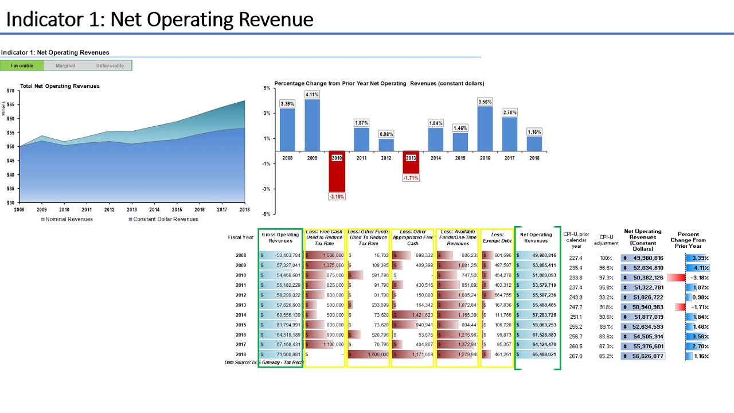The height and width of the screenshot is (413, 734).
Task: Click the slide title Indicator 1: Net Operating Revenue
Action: pyautogui.click(x=159, y=20)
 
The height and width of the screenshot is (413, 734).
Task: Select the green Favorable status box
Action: pyautogui.click(x=22, y=65)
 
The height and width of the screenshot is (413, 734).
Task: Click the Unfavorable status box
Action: pyautogui.click(x=110, y=65)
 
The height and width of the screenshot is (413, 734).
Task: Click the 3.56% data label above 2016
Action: pyautogui.click(x=485, y=102)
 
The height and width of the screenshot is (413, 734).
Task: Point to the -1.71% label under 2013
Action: pyautogui.click(x=411, y=178)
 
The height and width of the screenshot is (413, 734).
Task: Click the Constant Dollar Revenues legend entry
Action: pyautogui.click(x=163, y=219)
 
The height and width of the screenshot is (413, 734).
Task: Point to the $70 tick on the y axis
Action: pyautogui.click(x=10, y=91)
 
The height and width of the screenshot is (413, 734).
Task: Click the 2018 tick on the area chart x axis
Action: pyautogui.click(x=244, y=210)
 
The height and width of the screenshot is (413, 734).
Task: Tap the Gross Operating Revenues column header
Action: pyautogui.click(x=280, y=237)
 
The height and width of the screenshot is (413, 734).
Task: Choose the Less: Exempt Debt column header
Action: pyautogui.click(x=497, y=237)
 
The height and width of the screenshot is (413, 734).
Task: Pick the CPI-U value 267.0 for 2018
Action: pyautogui.click(x=576, y=356)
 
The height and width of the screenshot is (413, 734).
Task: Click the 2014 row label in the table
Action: pyautogui.click(x=241, y=315)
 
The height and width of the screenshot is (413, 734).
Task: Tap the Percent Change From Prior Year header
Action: pyautogui.click(x=688, y=240)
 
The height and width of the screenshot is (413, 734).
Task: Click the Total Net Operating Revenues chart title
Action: pyautogui.click(x=60, y=86)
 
